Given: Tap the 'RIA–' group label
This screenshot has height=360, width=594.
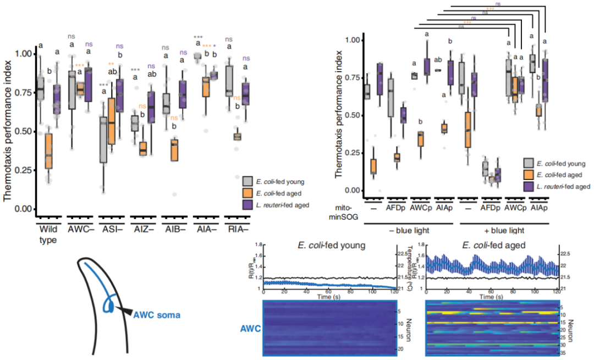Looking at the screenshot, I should [x=238, y=227].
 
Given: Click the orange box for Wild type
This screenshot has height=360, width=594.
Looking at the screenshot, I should [x=48, y=152].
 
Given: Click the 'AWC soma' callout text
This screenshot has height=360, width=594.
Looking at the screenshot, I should [x=157, y=314].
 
